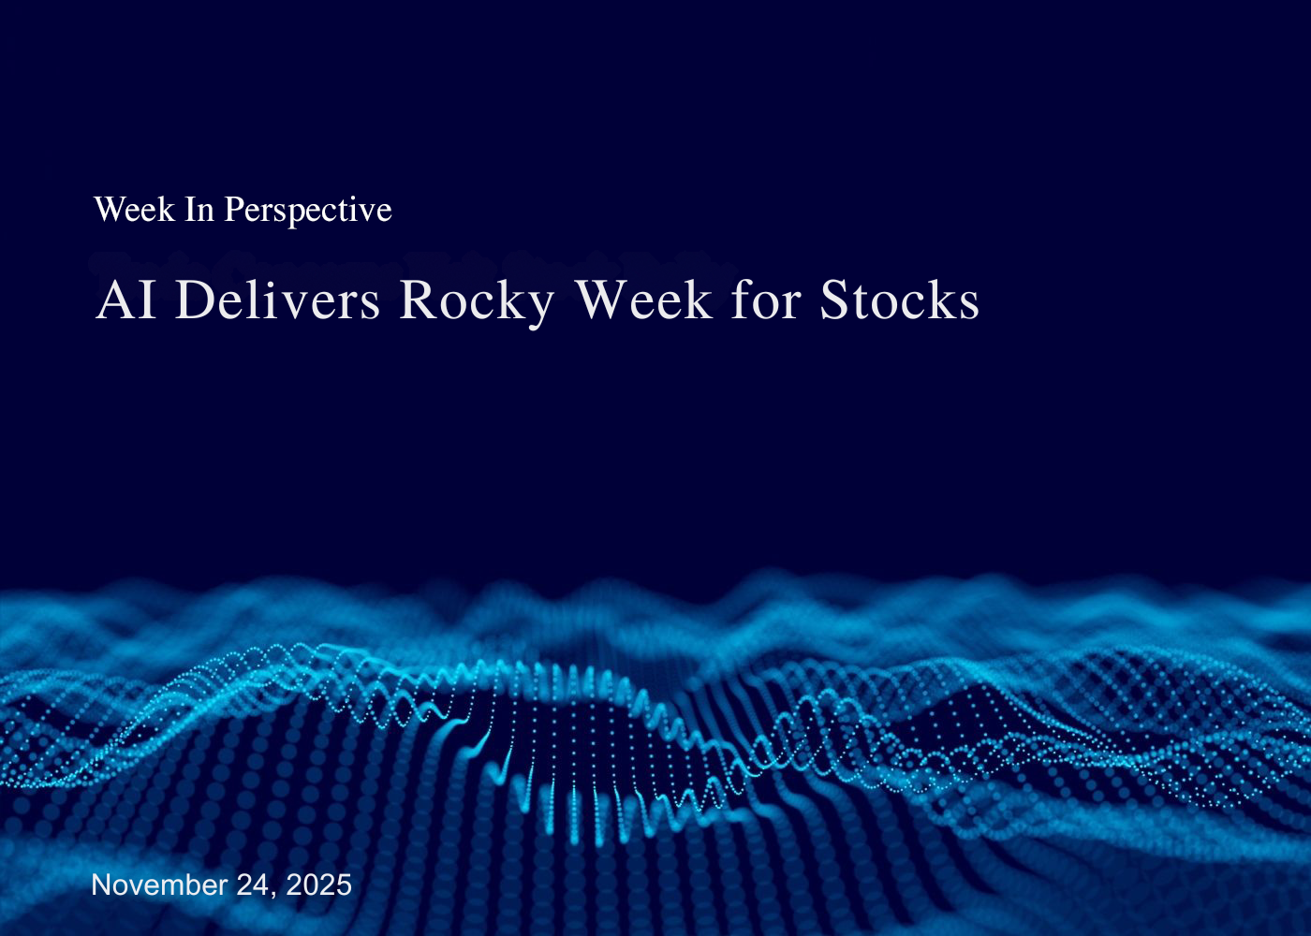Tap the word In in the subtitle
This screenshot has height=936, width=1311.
199,210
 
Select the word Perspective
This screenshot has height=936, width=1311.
307,211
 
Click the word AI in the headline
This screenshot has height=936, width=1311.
125,300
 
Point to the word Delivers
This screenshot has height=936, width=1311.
277,300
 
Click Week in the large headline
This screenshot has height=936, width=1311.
643,300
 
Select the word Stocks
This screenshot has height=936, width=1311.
899,300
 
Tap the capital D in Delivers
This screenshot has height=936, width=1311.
193,300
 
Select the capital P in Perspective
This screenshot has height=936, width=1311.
232,210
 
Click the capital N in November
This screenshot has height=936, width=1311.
100,885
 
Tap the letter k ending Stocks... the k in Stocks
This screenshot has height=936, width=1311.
939,300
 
